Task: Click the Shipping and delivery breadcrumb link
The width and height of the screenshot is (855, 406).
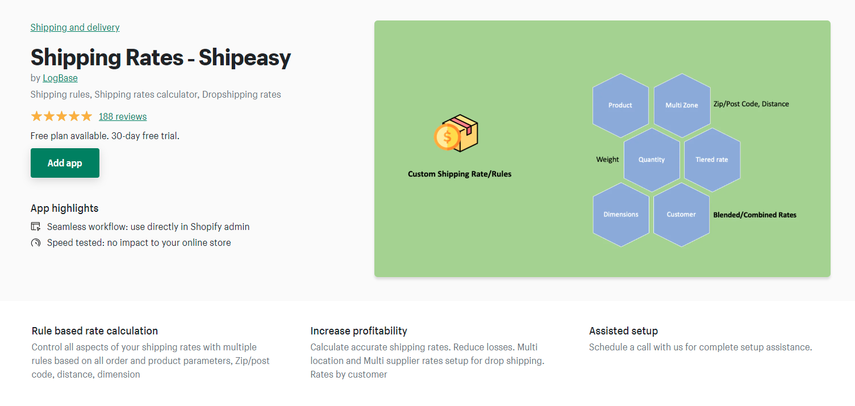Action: [74, 27]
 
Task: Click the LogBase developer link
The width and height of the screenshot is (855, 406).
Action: [60, 78]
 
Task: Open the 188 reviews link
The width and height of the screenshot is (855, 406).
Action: [123, 116]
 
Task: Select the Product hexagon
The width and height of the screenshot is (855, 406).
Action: [620, 105]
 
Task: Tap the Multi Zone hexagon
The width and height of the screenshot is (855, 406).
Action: [682, 105]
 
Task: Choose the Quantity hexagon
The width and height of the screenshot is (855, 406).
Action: [652, 160]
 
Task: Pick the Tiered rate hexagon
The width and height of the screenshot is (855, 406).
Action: [712, 160]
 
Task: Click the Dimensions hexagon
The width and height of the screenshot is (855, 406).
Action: [620, 214]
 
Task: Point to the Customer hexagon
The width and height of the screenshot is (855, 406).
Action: [681, 214]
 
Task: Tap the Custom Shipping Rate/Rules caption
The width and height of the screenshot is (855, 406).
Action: [460, 174]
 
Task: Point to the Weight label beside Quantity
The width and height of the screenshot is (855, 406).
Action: [607, 160]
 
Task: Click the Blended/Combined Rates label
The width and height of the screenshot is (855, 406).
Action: [754, 215]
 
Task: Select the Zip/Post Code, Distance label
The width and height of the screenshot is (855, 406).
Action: [751, 104]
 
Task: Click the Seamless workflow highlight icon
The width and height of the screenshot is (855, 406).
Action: [36, 227]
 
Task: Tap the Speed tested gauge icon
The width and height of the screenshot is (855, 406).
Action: [36, 242]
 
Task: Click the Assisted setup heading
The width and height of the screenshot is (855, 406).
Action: [623, 331]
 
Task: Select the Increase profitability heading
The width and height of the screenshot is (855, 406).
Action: [358, 331]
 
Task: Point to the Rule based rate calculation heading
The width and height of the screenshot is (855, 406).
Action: [95, 331]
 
